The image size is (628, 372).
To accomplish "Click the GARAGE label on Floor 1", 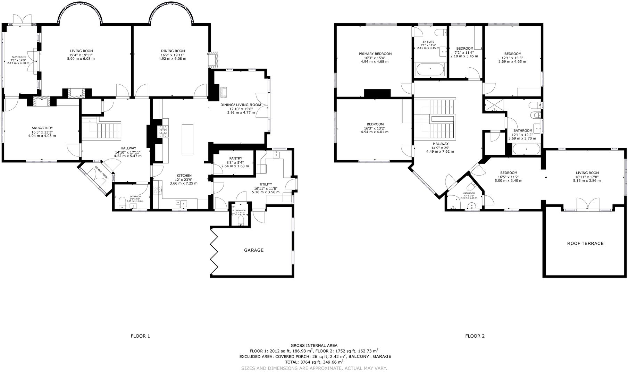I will tap(254, 250).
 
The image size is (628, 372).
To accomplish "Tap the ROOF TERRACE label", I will tap(585, 243).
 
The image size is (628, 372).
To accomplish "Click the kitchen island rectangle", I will tap(187, 139).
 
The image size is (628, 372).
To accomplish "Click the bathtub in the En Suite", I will tap(430, 69).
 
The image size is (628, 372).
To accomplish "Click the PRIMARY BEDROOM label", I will tap(375, 54).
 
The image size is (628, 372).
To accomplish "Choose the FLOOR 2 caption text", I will tap(475, 336).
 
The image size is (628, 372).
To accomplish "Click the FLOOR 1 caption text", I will tap(140, 336).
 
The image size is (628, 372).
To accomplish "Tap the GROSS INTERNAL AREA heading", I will tap(314, 345).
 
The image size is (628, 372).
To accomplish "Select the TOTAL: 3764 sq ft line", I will tap(314, 362).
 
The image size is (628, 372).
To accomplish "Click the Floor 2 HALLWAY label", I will tap(441, 144).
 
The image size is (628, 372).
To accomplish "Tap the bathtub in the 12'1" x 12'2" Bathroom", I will tap(527, 150).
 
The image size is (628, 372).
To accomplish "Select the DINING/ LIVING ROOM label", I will tap(241, 105).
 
